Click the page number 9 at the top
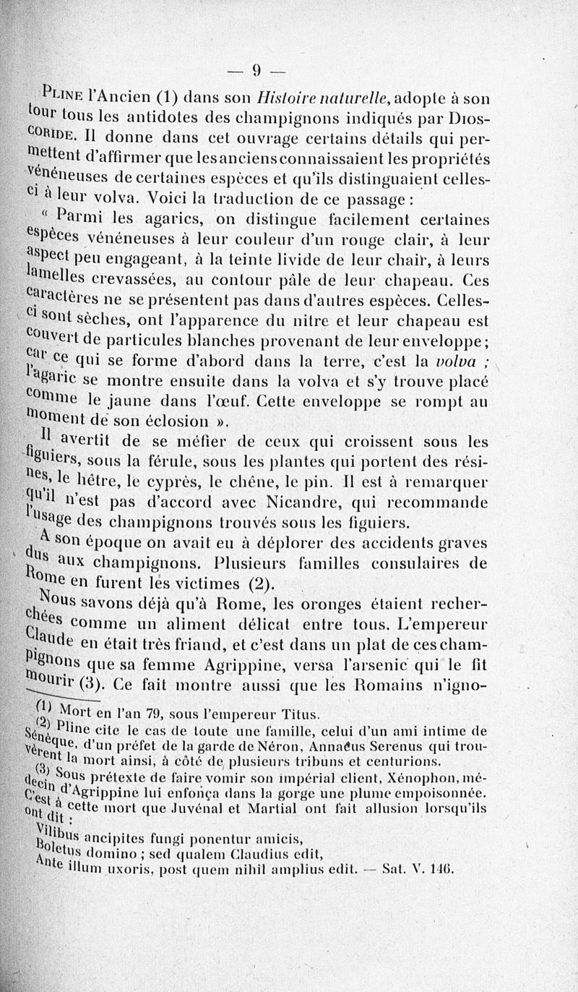[x=256, y=70]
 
